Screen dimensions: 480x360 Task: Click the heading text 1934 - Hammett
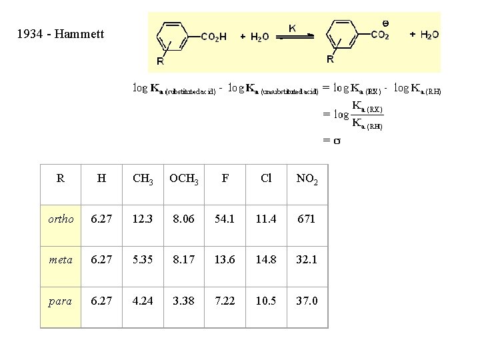pos(61,33)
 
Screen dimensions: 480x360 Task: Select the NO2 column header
pos(307,179)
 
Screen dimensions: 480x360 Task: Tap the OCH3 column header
pos(184,179)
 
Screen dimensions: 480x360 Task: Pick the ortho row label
pos(61,219)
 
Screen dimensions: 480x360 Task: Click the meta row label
pos(61,260)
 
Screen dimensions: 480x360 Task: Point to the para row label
pos(61,301)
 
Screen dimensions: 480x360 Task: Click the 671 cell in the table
pos(307,219)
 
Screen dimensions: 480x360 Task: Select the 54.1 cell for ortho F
pos(225,219)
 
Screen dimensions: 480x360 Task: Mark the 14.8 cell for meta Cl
pos(266,260)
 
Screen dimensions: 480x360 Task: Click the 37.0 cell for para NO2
pos(307,301)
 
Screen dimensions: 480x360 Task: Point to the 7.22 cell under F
pos(225,301)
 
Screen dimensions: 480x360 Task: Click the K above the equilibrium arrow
pos(292,27)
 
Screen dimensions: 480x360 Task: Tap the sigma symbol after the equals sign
pos(337,141)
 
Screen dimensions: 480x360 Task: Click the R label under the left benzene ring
pos(160,62)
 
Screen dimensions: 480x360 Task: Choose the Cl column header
pos(266,178)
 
